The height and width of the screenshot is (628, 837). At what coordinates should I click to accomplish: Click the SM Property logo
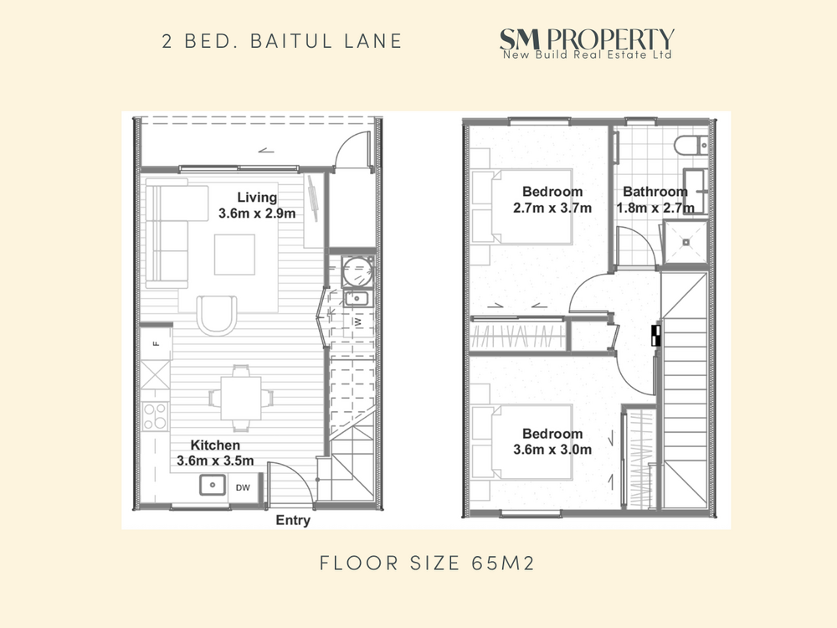(587, 44)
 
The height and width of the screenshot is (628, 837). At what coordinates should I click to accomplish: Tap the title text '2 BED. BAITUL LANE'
(282, 41)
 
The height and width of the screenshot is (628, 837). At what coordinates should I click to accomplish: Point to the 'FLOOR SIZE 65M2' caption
(427, 563)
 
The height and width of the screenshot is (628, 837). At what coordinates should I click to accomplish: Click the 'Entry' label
(293, 520)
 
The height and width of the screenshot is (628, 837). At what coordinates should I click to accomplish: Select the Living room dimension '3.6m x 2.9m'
(257, 214)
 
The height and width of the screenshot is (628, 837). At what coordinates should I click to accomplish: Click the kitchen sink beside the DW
(213, 485)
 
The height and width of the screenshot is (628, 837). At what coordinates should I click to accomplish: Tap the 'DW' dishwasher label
(243, 487)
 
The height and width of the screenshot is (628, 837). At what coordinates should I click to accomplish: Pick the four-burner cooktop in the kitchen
(155, 416)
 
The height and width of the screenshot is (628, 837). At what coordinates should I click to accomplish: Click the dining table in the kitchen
(241, 398)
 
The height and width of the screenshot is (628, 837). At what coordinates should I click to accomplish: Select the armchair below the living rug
(217, 315)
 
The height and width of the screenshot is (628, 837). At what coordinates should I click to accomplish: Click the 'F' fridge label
(157, 343)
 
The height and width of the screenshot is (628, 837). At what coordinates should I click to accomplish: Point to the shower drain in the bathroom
(686, 242)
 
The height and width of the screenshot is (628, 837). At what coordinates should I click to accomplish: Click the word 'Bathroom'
(655, 191)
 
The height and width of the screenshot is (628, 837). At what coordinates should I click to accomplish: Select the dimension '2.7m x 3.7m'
(552, 208)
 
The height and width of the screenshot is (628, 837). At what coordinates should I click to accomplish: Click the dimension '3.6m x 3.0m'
(552, 450)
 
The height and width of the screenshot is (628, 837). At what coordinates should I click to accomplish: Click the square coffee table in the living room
(234, 255)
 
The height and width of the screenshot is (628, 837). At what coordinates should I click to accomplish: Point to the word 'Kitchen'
(215, 445)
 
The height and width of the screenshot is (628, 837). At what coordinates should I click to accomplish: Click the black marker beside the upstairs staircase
(656, 336)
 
